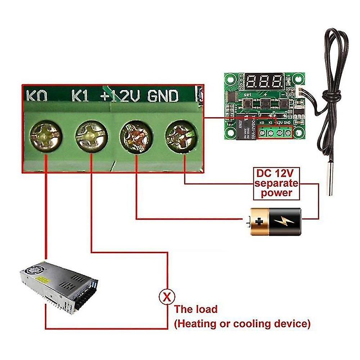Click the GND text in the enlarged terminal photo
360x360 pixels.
[163, 96]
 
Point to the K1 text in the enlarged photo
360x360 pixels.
[80, 96]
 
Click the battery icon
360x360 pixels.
[275, 222]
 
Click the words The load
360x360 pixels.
[196, 309]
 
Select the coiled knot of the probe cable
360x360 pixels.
[331, 96]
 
